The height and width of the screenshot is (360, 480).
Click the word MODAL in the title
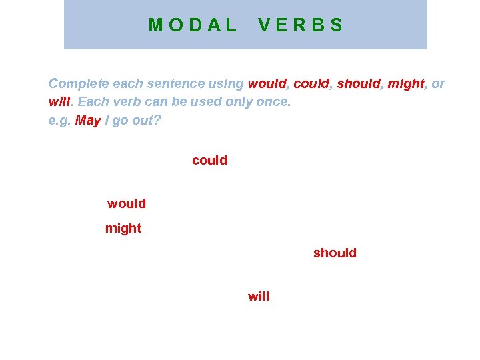193,25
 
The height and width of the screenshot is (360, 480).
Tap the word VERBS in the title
301,25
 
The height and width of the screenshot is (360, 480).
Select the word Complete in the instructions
79,84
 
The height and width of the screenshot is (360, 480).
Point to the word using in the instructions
225,84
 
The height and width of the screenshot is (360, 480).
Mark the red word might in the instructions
406,84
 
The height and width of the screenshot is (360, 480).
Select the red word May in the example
87,121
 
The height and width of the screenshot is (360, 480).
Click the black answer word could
209,161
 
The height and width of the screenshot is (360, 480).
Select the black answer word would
127,203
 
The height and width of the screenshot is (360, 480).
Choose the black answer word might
123,229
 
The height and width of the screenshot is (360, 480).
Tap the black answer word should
335,253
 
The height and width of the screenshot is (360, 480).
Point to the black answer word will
259,297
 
